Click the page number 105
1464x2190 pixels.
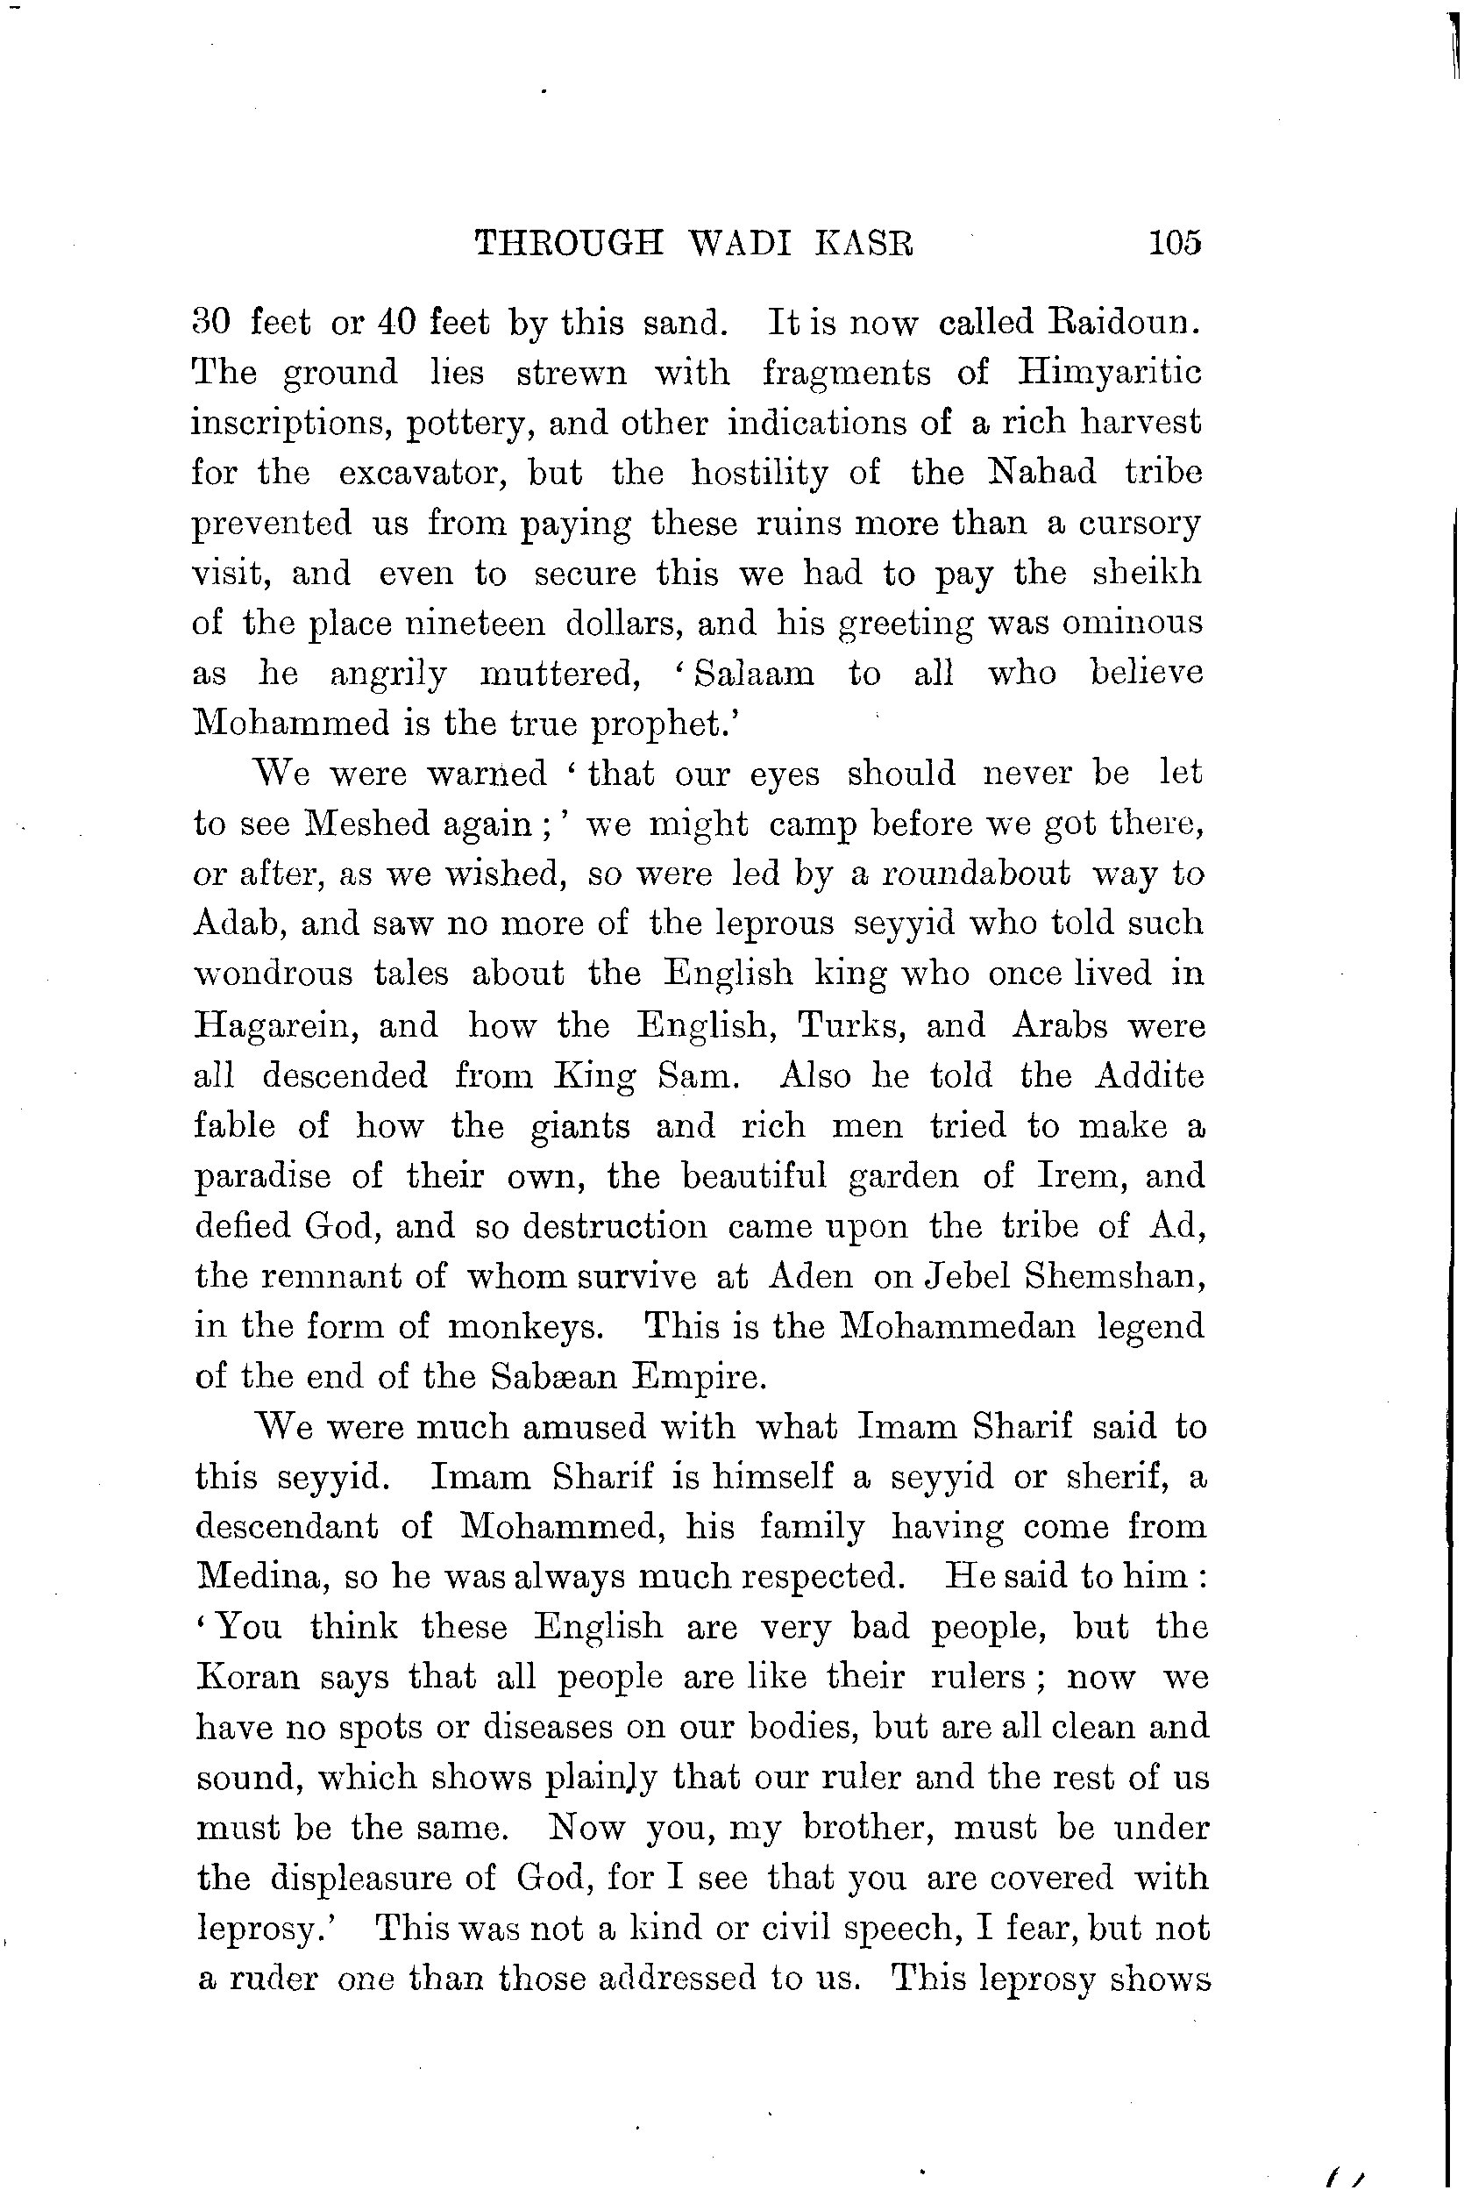point(1175,244)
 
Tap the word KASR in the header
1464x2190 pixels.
point(864,244)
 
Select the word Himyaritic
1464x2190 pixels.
point(1108,374)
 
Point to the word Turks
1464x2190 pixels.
point(851,1025)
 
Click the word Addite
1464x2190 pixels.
point(1148,1076)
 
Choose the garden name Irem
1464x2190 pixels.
point(1077,1176)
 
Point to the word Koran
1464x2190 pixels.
point(247,1678)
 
